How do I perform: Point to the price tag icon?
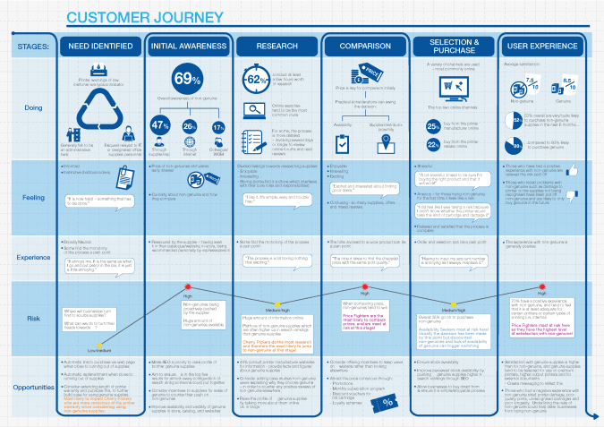pyautogui.click(x=346, y=71)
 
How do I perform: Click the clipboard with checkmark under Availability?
pyautogui.click(x=341, y=143)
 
